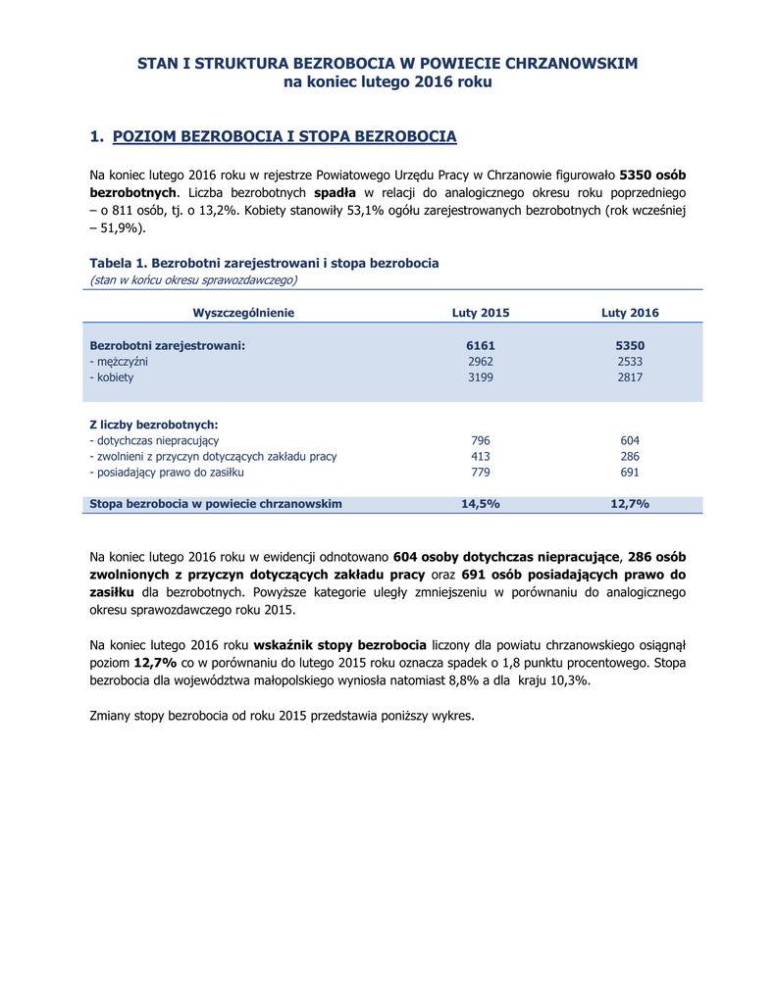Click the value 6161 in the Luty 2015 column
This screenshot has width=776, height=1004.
coord(481,345)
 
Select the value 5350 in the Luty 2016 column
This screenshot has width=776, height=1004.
coord(630,345)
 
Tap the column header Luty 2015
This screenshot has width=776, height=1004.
coord(481,313)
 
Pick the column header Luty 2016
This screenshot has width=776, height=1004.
coord(630,313)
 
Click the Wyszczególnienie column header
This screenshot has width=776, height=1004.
coord(243,313)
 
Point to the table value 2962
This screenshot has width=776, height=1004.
coord(481,361)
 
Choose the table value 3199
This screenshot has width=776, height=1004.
coord(481,376)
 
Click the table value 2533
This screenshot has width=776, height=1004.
coord(630,361)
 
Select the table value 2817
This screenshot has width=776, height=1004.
coord(630,376)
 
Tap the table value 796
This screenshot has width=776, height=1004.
coord(481,440)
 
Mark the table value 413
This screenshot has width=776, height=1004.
coord(481,456)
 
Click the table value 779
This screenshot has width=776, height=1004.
coord(481,472)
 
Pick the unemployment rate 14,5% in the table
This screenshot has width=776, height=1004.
coord(481,503)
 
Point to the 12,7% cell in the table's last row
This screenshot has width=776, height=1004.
coord(630,503)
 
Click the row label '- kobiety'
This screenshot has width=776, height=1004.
coord(112,376)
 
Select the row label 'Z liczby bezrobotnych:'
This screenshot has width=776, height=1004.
coord(153,425)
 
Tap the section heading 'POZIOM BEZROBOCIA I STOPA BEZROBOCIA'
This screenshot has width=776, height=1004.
coord(285,135)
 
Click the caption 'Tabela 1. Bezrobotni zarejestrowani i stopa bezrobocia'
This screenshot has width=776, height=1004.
coord(264,263)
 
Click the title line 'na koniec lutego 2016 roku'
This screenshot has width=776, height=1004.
coord(388,82)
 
